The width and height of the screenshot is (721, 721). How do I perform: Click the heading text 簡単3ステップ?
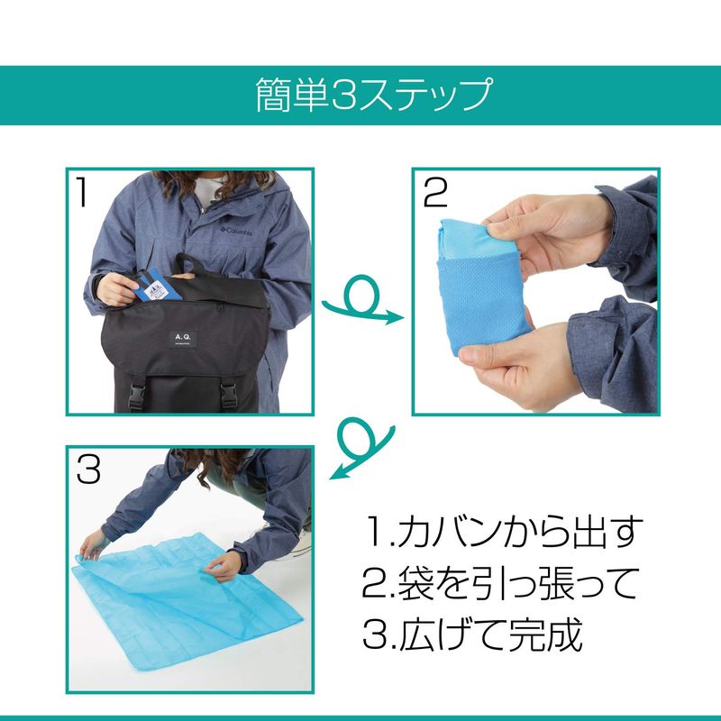(x=374, y=95)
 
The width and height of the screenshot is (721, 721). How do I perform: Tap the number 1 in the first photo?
(x=82, y=192)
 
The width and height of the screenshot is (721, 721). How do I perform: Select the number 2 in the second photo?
(x=434, y=193)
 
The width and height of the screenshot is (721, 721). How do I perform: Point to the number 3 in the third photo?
(x=88, y=469)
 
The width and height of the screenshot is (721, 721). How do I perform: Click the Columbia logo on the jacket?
(x=236, y=231)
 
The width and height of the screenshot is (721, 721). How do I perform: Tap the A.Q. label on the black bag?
(x=183, y=341)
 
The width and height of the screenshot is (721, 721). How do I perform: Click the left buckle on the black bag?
(x=136, y=395)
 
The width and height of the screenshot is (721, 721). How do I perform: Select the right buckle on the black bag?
(x=229, y=395)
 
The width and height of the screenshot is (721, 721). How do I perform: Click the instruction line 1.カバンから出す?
(x=502, y=533)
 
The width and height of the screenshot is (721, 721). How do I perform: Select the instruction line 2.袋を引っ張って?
(x=499, y=583)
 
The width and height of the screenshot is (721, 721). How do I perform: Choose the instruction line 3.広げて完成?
(x=472, y=634)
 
